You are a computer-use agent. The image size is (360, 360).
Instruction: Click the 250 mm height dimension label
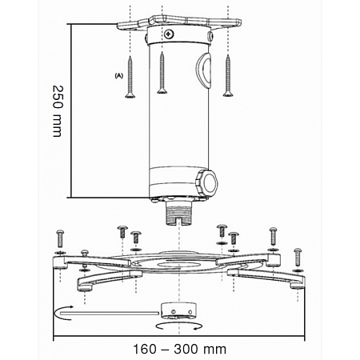[x=57, y=110]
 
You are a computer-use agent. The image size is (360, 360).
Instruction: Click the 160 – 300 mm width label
[x=179, y=349]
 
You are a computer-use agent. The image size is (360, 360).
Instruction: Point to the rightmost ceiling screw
[x=228, y=77]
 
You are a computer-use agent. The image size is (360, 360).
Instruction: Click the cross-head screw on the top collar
[x=168, y=34]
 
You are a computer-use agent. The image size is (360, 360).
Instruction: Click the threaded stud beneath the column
[x=178, y=214]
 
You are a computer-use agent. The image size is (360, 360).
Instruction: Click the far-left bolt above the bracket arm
[x=61, y=238]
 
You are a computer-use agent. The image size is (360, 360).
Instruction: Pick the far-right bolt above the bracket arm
[x=298, y=254]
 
